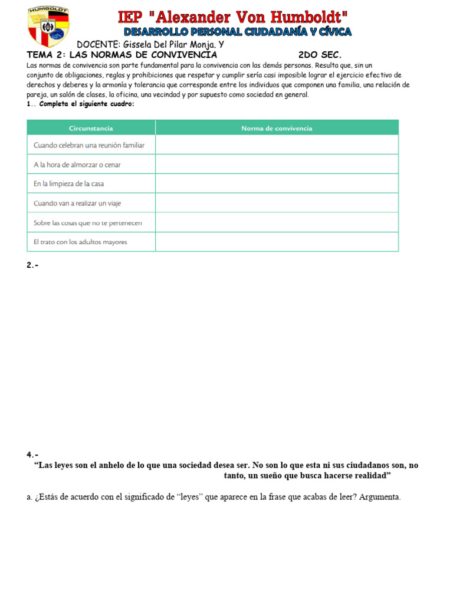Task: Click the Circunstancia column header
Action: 91,128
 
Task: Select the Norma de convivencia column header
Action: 277,128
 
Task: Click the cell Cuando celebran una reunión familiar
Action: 89,145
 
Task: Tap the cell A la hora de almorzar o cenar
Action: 77,165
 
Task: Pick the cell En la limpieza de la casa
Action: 69,184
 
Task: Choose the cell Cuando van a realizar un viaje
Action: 78,203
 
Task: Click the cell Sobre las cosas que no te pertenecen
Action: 88,223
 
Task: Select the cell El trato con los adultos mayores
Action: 80,242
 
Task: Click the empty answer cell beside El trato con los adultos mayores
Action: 277,242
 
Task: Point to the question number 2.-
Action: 32,265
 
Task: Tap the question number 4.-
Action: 32,455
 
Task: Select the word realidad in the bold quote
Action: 371,475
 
